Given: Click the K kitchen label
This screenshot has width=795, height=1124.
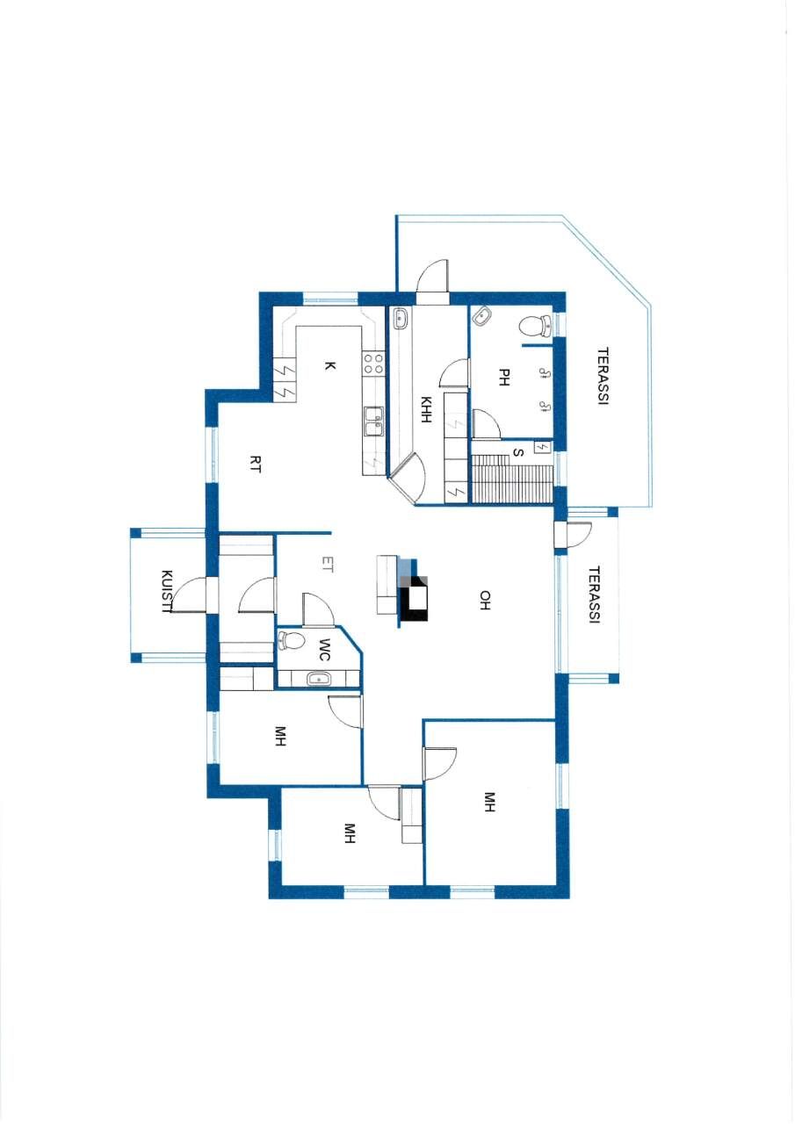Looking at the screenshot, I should pyautogui.click(x=329, y=367).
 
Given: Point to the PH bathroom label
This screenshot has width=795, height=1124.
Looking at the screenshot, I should pyautogui.click(x=504, y=377).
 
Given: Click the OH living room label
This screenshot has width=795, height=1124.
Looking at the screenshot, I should pyautogui.click(x=484, y=600).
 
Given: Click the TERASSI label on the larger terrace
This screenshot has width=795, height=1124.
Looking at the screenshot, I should pyautogui.click(x=603, y=377).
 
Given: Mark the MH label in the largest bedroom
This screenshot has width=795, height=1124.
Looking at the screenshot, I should pyautogui.click(x=489, y=802).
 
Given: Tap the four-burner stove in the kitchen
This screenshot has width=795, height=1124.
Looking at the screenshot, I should pyautogui.click(x=374, y=364).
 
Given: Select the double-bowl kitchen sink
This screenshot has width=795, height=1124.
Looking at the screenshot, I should pyautogui.click(x=374, y=421).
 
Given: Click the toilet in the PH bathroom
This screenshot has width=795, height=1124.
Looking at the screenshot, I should pyautogui.click(x=532, y=326).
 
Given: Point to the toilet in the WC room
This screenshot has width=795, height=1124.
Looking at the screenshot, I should pyautogui.click(x=289, y=640).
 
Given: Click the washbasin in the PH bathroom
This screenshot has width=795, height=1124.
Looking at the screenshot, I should pyautogui.click(x=482, y=317).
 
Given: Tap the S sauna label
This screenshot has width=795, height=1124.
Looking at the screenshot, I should pyautogui.click(x=517, y=453).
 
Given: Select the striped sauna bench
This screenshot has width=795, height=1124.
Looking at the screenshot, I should pyautogui.click(x=512, y=479).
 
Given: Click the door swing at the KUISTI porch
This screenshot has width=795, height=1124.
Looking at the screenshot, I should pyautogui.click(x=187, y=595).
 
